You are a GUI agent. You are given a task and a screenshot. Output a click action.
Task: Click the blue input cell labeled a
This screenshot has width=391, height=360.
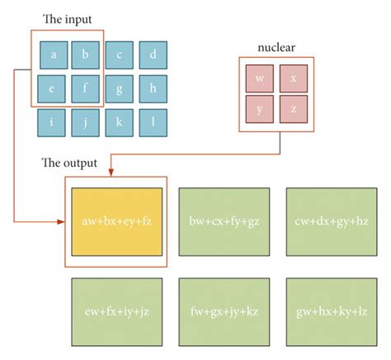(x=53, y=55)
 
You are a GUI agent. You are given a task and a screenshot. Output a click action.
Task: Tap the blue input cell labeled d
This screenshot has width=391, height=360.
(x=153, y=55)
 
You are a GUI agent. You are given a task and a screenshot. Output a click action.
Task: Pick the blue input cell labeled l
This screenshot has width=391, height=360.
(x=153, y=122)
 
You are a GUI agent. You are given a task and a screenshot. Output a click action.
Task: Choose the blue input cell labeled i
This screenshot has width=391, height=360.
(x=53, y=122)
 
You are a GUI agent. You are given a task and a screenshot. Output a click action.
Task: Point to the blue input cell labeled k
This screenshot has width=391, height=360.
(x=120, y=122)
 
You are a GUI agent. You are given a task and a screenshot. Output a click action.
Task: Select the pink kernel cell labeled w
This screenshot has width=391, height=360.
(x=259, y=79)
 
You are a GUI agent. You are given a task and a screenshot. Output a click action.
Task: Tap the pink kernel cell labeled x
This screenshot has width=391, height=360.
(x=293, y=79)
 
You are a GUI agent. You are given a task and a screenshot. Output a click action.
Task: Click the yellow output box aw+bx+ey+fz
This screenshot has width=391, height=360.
(x=115, y=221)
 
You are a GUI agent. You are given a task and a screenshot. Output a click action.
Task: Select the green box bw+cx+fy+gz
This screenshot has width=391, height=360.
(x=224, y=221)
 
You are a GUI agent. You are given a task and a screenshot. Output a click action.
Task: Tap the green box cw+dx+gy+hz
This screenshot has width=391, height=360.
(x=332, y=221)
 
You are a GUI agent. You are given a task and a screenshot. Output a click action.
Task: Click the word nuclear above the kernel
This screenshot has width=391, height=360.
(x=276, y=48)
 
